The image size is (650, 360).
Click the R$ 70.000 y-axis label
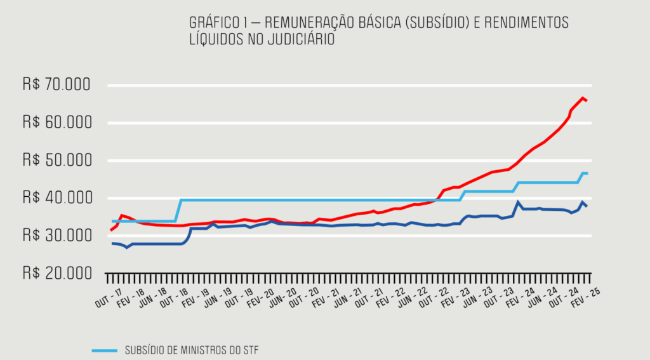click(56, 85)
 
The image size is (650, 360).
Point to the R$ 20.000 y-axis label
click(56, 273)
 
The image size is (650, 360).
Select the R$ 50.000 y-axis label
click(56, 160)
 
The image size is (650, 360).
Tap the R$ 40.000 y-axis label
click(56, 198)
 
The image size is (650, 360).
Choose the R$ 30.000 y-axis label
click(56, 236)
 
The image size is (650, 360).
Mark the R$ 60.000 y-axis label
click(56, 123)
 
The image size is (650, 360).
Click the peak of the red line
click(582, 98)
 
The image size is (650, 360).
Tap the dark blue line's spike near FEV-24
click(518, 203)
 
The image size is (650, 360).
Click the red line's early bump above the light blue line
click(122, 216)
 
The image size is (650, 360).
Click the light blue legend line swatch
click(105, 350)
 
